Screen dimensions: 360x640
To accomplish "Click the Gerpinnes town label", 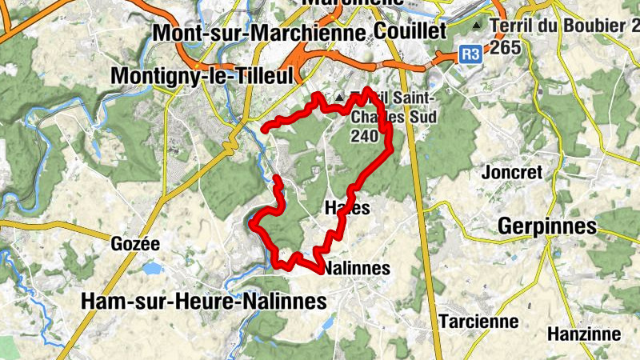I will [546, 226].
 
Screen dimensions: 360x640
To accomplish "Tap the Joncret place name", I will [513, 173].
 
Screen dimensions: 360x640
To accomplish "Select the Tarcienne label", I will [479, 322].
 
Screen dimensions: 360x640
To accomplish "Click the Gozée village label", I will [137, 244].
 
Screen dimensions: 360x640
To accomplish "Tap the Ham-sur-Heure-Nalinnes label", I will [204, 301].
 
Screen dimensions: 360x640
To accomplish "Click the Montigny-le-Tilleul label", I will [203, 75].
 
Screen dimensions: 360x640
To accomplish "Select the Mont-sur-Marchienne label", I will [259, 33].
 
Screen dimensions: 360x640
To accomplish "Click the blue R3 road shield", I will [470, 54].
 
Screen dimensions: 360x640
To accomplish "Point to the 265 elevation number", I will [506, 47].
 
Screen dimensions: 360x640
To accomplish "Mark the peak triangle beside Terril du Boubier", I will [478, 26].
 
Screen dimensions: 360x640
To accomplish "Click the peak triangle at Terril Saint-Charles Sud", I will [339, 98].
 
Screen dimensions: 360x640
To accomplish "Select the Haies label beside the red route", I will [348, 208].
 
